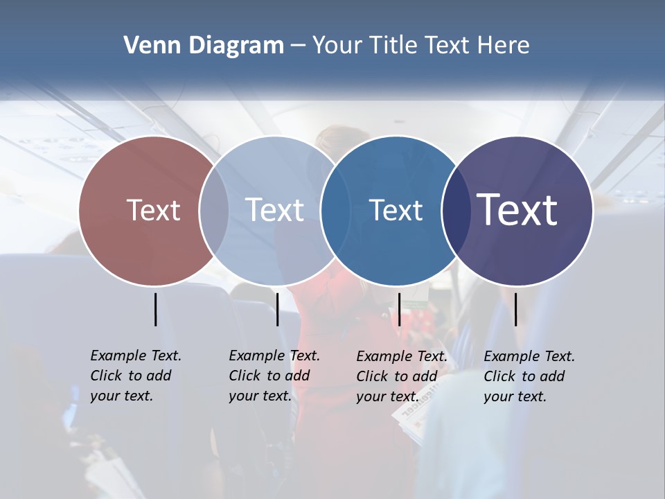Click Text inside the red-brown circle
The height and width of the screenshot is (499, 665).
pyautogui.click(x=153, y=210)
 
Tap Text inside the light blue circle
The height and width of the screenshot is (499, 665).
pyautogui.click(x=274, y=210)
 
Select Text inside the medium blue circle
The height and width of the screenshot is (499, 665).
pyautogui.click(x=396, y=210)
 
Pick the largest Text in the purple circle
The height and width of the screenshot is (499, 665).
pyautogui.click(x=517, y=210)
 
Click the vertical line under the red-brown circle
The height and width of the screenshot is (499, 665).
pyautogui.click(x=156, y=309)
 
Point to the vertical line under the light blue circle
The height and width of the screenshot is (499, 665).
pyautogui.click(x=277, y=309)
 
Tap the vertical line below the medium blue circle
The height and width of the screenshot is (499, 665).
pyautogui.click(x=399, y=309)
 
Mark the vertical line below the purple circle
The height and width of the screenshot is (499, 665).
pyautogui.click(x=516, y=309)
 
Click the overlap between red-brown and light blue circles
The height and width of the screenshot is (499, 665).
pyautogui.click(x=214, y=210)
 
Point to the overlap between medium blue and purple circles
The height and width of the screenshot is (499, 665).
pyautogui.click(x=452, y=210)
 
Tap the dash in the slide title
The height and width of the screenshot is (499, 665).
pyautogui.click(x=298, y=46)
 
